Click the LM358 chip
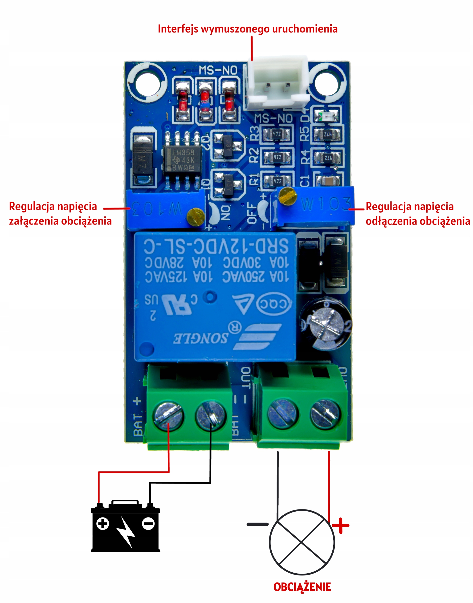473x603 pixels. click(182, 160)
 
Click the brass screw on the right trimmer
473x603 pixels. click(287, 196)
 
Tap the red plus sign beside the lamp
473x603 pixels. click(341, 525)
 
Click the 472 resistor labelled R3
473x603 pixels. click(277, 134)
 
